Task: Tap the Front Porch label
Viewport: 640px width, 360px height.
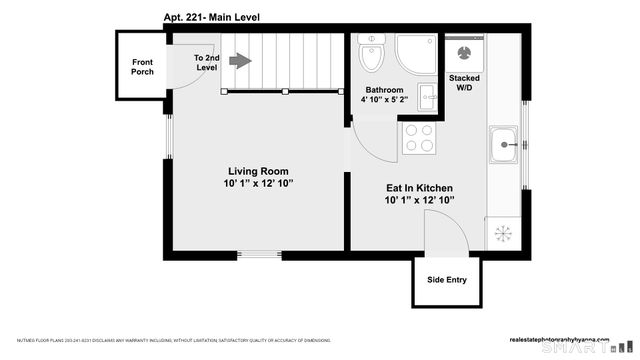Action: click(x=142, y=67)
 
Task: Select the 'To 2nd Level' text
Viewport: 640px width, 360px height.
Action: click(x=206, y=62)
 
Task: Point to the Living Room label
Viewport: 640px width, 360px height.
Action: click(x=258, y=171)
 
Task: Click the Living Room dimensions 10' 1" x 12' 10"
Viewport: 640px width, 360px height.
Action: click(x=258, y=183)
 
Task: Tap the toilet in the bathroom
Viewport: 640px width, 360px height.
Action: click(x=371, y=55)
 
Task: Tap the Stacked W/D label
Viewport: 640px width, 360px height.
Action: click(x=464, y=83)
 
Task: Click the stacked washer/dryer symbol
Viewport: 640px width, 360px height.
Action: click(x=465, y=54)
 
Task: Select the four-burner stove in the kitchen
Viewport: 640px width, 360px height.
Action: click(x=418, y=138)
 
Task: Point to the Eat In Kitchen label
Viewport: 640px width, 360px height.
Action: click(x=419, y=188)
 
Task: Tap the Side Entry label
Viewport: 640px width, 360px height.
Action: click(x=446, y=280)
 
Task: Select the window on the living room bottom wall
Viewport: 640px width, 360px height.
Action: click(x=259, y=255)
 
